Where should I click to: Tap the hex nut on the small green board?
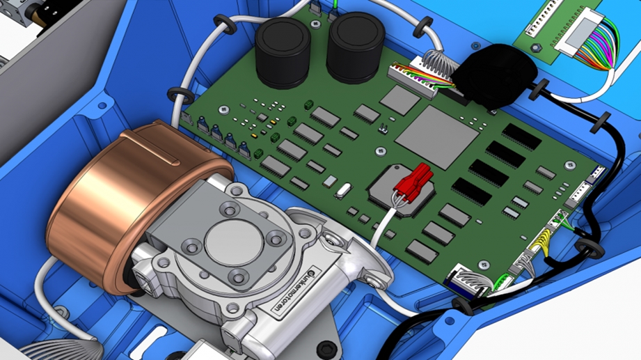pos(535,47)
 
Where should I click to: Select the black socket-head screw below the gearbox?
pos(324,347)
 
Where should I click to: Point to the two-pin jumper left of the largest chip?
pos(382,130)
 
